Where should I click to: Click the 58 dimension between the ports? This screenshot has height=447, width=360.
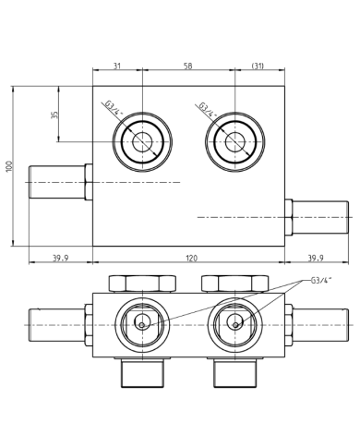(188, 66)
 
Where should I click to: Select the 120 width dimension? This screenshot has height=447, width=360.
(192, 259)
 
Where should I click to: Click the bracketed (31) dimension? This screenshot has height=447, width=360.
(259, 66)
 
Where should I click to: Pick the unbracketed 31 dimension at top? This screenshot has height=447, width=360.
(117, 66)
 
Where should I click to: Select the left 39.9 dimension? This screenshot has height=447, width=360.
(60, 259)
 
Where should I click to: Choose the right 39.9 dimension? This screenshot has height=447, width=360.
(315, 259)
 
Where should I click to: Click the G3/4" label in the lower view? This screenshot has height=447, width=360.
(321, 280)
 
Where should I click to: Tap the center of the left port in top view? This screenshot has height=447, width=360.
(142, 142)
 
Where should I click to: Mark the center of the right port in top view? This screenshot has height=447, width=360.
(234, 142)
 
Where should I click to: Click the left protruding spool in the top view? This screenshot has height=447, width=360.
(57, 182)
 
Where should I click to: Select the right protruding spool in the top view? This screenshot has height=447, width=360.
(318, 217)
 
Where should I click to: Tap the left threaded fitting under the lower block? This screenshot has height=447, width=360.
(141, 373)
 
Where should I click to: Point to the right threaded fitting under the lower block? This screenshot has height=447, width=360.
(234, 373)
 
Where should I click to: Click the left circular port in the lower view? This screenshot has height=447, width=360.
(141, 323)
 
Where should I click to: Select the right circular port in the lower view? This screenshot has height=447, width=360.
(234, 323)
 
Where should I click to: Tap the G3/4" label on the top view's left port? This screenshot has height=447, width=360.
(114, 110)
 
